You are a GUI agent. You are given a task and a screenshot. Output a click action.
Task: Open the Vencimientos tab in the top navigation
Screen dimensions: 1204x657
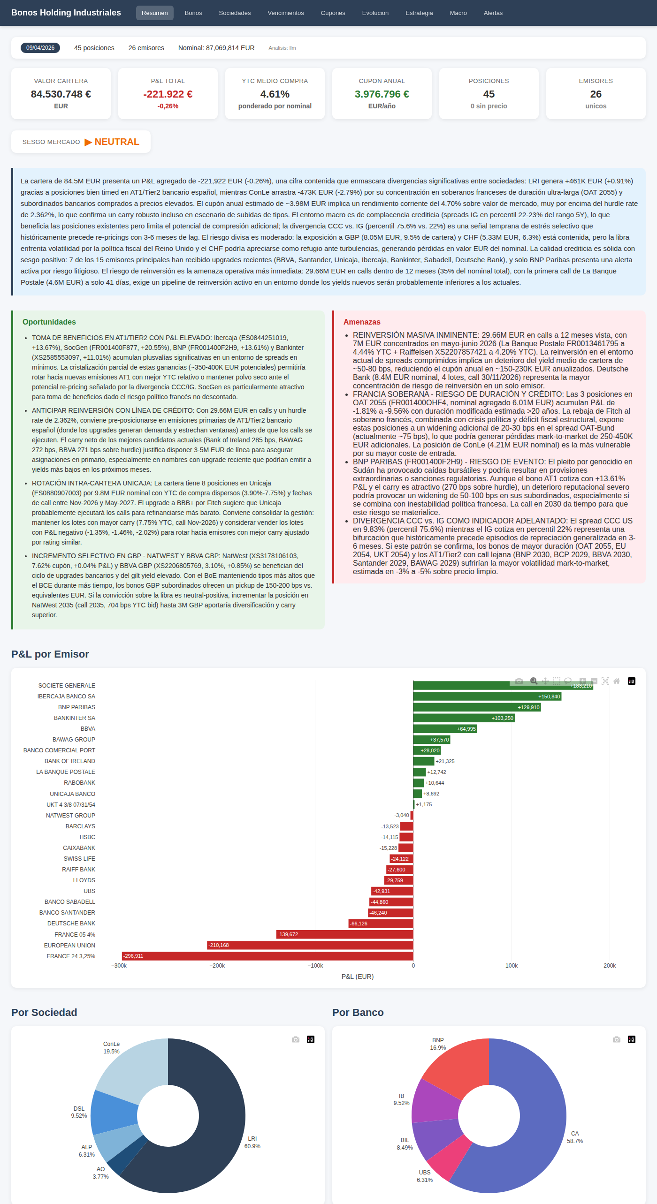(x=285, y=13)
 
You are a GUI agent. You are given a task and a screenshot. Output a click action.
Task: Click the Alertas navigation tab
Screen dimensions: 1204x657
(x=493, y=13)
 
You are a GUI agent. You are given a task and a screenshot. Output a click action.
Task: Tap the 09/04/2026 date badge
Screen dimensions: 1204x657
(x=40, y=48)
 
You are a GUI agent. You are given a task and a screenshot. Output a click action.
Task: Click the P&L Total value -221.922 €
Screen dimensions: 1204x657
(x=168, y=94)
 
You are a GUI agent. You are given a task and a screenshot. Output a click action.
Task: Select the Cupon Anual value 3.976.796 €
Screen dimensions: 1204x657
(x=382, y=94)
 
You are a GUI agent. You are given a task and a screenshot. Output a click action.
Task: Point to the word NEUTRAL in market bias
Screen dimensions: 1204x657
(x=117, y=142)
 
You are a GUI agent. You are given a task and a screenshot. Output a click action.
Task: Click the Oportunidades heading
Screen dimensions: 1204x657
(x=49, y=322)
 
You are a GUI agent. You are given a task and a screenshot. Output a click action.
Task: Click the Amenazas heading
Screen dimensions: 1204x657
(x=362, y=322)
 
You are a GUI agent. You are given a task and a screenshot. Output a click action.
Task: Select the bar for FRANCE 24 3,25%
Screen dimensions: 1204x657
(x=267, y=956)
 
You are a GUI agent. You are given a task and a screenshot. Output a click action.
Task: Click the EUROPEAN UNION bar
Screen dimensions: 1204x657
(x=310, y=945)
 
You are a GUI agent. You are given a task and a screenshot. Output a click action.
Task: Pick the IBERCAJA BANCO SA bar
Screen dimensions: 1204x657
(x=487, y=697)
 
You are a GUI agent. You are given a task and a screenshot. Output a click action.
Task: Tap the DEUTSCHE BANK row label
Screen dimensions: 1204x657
(x=71, y=924)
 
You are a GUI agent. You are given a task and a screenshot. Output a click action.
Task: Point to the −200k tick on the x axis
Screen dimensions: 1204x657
(x=217, y=966)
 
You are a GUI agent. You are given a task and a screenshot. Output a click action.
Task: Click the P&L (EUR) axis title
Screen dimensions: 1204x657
(x=357, y=977)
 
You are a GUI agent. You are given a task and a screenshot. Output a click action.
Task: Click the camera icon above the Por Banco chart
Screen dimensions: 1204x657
(x=616, y=1039)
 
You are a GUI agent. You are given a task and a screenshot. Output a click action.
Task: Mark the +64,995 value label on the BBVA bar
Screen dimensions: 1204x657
(x=466, y=729)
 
